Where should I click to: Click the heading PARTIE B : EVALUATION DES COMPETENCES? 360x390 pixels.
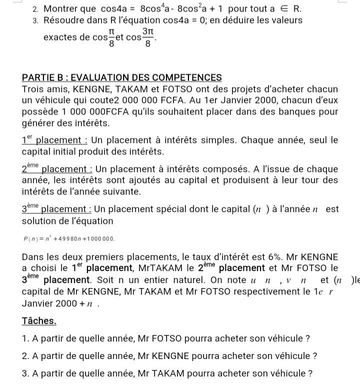pyautogui.click(x=122, y=78)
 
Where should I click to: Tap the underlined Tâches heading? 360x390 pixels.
pyautogui.click(x=39, y=321)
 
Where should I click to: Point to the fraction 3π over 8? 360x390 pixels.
pyautogui.click(x=146, y=37)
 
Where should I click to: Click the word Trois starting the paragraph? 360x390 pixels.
pyautogui.click(x=33, y=89)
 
